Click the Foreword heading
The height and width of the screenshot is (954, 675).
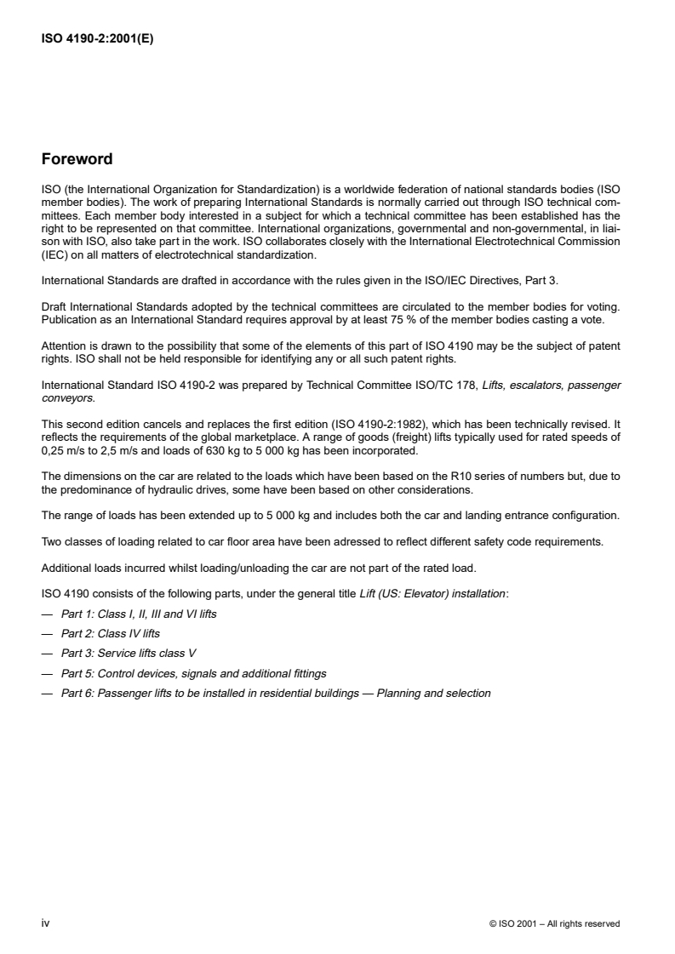click(77, 158)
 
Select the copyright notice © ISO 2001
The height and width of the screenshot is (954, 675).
click(554, 923)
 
